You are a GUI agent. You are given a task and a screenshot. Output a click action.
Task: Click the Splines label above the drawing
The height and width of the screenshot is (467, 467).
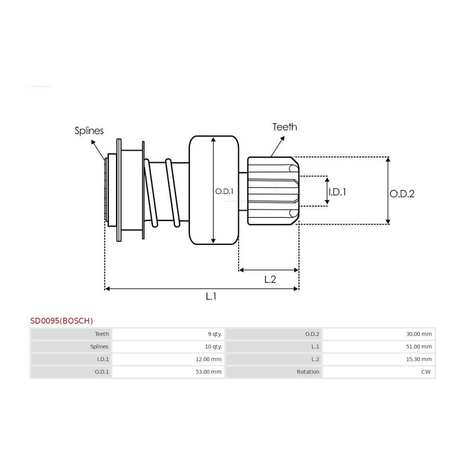pyautogui.click(x=89, y=131)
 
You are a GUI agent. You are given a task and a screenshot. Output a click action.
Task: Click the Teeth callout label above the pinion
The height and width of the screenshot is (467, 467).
pyautogui.click(x=285, y=127)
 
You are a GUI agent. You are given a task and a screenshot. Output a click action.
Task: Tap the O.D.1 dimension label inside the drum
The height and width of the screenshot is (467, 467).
pyautogui.click(x=224, y=191)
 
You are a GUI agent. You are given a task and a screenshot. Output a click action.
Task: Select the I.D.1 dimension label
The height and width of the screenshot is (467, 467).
pyautogui.click(x=337, y=192)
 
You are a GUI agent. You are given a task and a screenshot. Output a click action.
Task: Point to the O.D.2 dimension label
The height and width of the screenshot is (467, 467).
pyautogui.click(x=402, y=194)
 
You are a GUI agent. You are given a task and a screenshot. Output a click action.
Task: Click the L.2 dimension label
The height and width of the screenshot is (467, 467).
pyautogui.click(x=270, y=279)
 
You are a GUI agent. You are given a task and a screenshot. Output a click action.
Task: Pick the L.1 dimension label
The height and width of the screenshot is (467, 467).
pyautogui.click(x=211, y=296)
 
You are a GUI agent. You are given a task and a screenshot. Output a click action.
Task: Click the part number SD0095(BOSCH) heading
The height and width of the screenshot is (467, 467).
pyautogui.click(x=62, y=321)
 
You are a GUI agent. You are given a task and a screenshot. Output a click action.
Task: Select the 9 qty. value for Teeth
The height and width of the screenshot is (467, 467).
pyautogui.click(x=215, y=334)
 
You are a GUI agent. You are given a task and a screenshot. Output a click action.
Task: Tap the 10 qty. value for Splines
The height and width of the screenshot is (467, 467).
pyautogui.click(x=213, y=347)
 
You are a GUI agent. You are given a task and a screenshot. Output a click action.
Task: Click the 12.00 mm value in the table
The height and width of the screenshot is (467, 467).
pyautogui.click(x=209, y=359)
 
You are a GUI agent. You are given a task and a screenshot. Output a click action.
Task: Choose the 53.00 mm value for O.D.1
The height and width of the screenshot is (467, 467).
pyautogui.click(x=209, y=372)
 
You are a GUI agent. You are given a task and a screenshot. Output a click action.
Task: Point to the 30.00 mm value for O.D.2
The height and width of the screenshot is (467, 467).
pyautogui.click(x=419, y=334)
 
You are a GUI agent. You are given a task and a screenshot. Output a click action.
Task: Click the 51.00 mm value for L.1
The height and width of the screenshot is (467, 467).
pyautogui.click(x=419, y=347)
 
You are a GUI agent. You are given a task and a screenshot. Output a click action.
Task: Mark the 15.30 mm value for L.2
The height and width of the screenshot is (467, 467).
pyautogui.click(x=419, y=359)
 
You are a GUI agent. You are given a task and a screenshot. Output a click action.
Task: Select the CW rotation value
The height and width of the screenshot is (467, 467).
pyautogui.click(x=426, y=372)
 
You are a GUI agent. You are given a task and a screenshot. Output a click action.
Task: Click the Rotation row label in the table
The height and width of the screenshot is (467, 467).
pyautogui.click(x=308, y=372)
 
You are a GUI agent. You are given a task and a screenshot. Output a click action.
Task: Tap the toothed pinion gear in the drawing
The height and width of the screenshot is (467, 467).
pyautogui.click(x=273, y=190)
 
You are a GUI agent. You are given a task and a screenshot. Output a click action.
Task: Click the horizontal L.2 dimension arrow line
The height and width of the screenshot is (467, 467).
pyautogui.click(x=269, y=270)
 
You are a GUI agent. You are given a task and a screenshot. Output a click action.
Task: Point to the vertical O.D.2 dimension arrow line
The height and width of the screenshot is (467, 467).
pyautogui.click(x=388, y=190)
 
